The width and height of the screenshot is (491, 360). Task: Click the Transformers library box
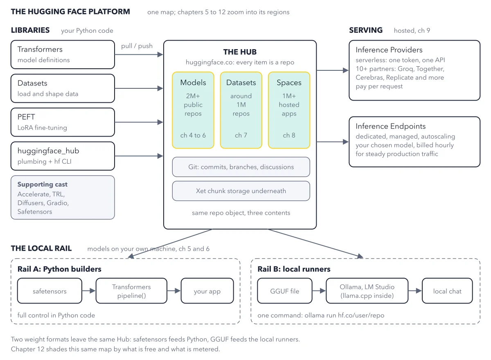(x=63, y=54)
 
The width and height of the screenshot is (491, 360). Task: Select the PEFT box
(x=63, y=122)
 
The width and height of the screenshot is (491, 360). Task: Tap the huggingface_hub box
(x=63, y=156)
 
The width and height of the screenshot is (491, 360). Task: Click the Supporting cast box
(x=63, y=198)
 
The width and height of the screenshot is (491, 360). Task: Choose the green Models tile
(x=193, y=110)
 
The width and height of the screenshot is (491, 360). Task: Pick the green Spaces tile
(x=289, y=110)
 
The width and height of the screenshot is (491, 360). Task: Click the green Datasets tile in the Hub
(x=241, y=110)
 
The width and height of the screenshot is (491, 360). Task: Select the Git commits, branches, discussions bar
(x=241, y=167)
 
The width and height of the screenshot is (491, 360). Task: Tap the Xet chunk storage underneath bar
(x=241, y=191)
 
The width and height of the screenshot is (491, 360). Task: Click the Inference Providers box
(x=414, y=70)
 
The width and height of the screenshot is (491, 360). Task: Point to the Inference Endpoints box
(x=414, y=142)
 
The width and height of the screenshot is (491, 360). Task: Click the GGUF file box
(x=285, y=291)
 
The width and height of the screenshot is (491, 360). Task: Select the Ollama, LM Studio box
(x=367, y=291)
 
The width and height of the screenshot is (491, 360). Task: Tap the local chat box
(x=447, y=291)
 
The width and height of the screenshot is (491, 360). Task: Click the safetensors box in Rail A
(x=50, y=291)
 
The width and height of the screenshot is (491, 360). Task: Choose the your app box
(x=207, y=291)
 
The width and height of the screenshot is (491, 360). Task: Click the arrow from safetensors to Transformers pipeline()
(x=89, y=291)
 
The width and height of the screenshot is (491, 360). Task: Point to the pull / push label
(x=137, y=46)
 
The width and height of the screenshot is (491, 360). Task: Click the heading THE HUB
(x=240, y=52)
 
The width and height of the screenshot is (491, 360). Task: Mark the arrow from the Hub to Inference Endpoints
(x=333, y=142)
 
